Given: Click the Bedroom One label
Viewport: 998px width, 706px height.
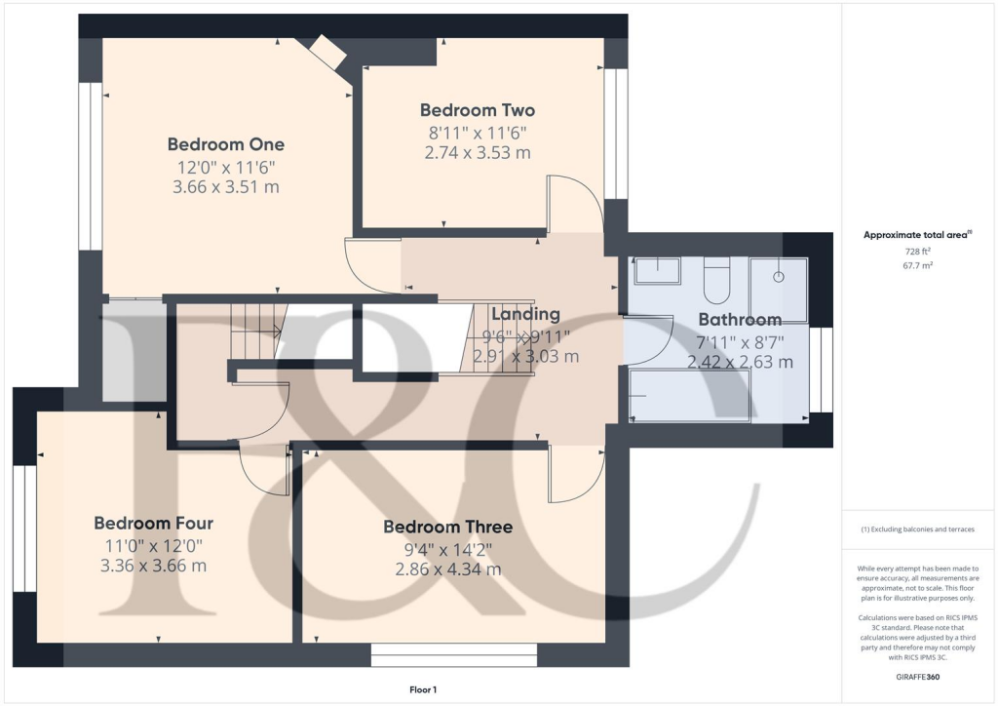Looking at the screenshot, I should (226, 144).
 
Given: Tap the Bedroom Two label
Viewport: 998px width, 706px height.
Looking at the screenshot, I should (478, 110).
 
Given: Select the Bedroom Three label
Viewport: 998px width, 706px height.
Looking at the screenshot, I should (447, 527).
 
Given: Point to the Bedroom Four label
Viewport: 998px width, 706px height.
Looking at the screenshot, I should (153, 523).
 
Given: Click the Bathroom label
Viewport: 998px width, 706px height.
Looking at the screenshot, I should (740, 320).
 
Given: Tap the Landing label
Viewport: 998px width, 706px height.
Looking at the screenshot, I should (525, 314).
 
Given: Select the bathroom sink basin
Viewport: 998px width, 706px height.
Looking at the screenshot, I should (658, 270).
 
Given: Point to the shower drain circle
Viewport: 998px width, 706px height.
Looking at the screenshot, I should (779, 277).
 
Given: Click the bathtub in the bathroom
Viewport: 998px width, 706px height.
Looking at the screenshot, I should (689, 397).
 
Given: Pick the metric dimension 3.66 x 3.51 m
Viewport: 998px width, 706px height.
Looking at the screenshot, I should (226, 187).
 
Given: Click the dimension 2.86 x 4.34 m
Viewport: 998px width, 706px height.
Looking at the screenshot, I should (447, 569).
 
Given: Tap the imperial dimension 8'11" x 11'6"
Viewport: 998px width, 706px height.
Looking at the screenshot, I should (478, 133).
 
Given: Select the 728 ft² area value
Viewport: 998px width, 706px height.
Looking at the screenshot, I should (918, 252).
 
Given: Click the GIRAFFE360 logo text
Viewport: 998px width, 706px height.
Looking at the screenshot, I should (918, 677).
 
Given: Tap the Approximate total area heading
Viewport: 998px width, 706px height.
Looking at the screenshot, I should (918, 235).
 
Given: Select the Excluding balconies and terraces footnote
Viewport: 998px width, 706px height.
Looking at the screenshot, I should (918, 529).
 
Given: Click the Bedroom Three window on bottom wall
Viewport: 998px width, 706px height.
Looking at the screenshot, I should (453, 654).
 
